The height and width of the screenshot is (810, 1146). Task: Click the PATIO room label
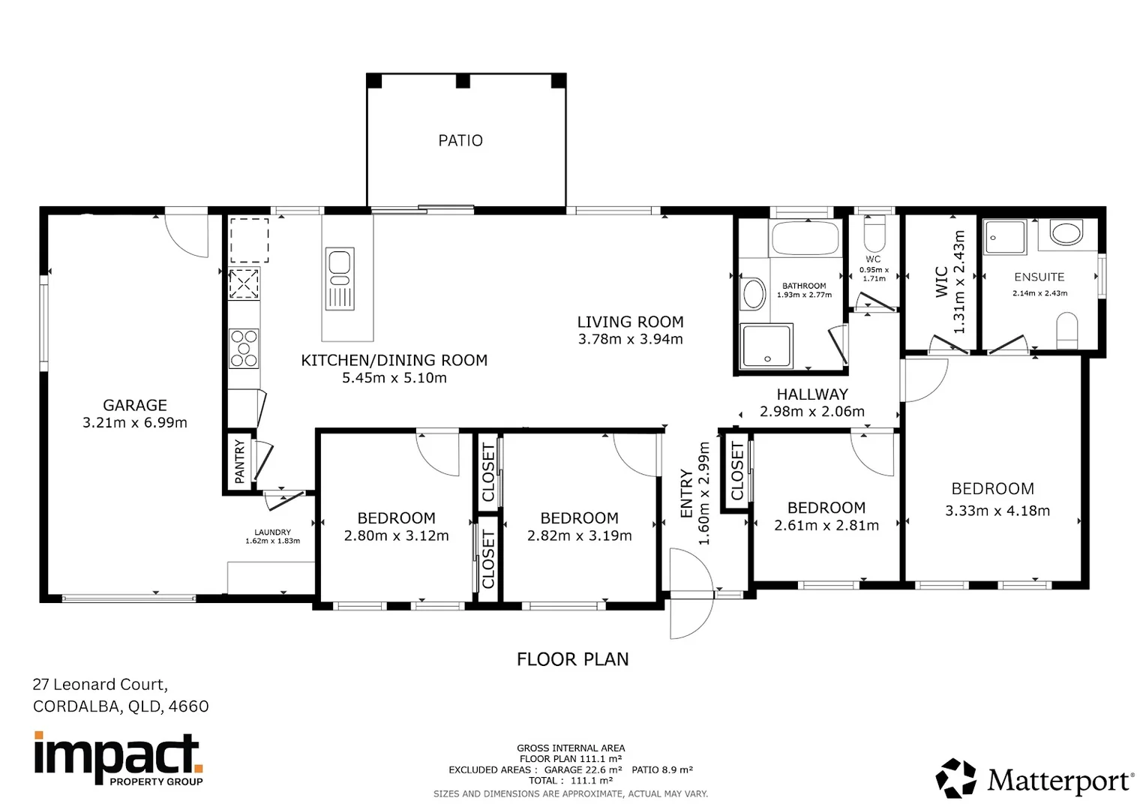(x=460, y=140)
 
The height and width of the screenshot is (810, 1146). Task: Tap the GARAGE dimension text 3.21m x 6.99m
(x=135, y=423)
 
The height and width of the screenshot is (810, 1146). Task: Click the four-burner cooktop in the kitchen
(x=244, y=349)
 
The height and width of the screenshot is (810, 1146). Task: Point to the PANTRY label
(x=240, y=461)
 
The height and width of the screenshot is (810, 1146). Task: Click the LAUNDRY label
(x=272, y=532)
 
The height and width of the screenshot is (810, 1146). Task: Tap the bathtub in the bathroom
(x=805, y=238)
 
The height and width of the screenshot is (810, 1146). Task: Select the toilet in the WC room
(x=874, y=234)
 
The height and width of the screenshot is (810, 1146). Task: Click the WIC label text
(x=942, y=282)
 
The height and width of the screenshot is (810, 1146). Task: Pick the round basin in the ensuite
(x=1066, y=232)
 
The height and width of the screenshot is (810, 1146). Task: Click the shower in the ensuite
(x=1004, y=237)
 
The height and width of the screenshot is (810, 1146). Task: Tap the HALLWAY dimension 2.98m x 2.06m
(x=812, y=412)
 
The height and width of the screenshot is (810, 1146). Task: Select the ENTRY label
(x=686, y=493)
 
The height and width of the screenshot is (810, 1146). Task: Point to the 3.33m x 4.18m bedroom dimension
(x=997, y=511)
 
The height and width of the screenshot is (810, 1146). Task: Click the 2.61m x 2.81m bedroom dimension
(x=826, y=526)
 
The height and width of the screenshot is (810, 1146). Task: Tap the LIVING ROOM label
(x=630, y=322)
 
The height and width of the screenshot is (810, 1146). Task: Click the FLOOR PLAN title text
(x=572, y=659)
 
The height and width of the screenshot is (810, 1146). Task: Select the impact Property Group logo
(x=118, y=758)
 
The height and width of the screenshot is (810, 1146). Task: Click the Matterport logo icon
(x=955, y=778)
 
